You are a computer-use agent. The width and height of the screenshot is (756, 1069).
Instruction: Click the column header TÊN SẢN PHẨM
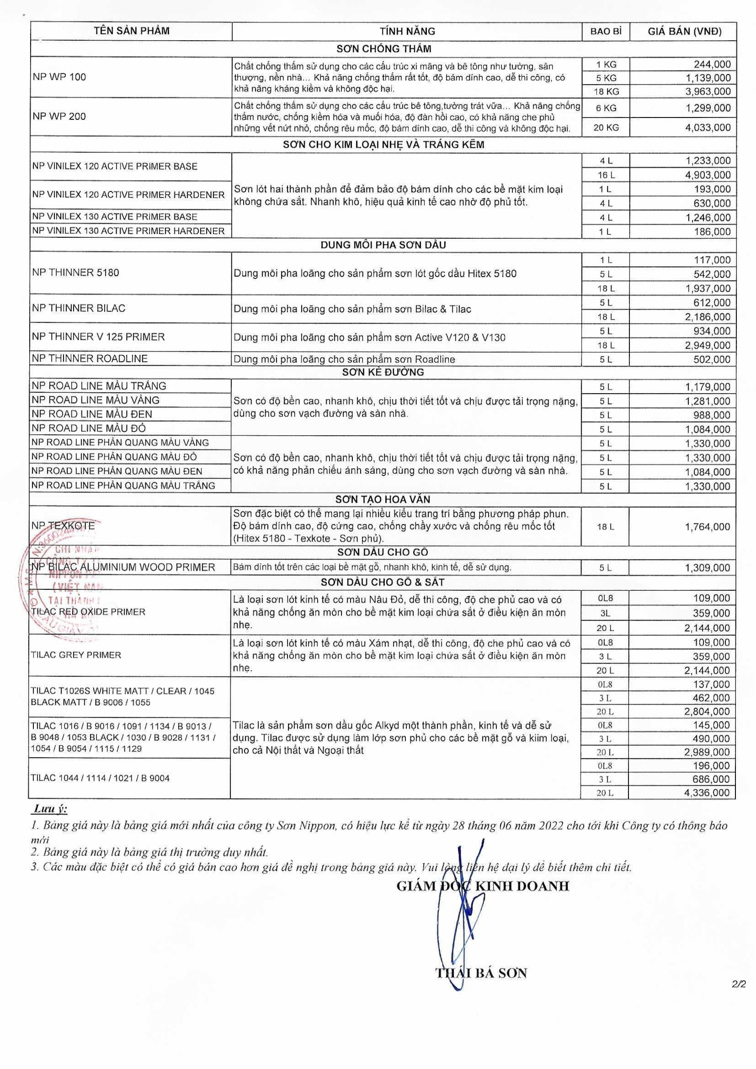pos(131,31)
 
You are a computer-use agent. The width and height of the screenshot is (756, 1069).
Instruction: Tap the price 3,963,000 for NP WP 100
pos(708,91)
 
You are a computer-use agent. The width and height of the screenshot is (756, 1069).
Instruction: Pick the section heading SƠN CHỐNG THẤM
pos(384,48)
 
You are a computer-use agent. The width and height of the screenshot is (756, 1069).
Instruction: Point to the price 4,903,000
pos(708,175)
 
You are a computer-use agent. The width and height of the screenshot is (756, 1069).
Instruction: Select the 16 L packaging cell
pos(606,175)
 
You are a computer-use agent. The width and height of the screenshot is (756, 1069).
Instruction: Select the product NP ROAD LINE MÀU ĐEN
pos(92,414)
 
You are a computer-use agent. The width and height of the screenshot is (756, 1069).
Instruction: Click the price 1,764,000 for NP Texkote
pos(708,527)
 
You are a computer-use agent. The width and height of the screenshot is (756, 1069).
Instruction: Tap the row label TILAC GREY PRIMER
pos(76,655)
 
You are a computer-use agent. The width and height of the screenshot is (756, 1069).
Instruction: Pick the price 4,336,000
pos(707,793)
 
